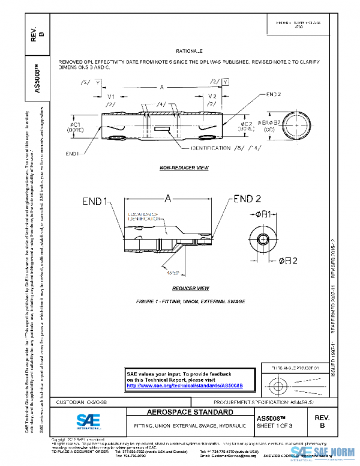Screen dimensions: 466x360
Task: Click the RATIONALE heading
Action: tap(190, 52)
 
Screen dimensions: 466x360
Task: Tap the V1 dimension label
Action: tap(111, 96)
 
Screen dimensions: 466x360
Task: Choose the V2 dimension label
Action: tap(212, 96)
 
